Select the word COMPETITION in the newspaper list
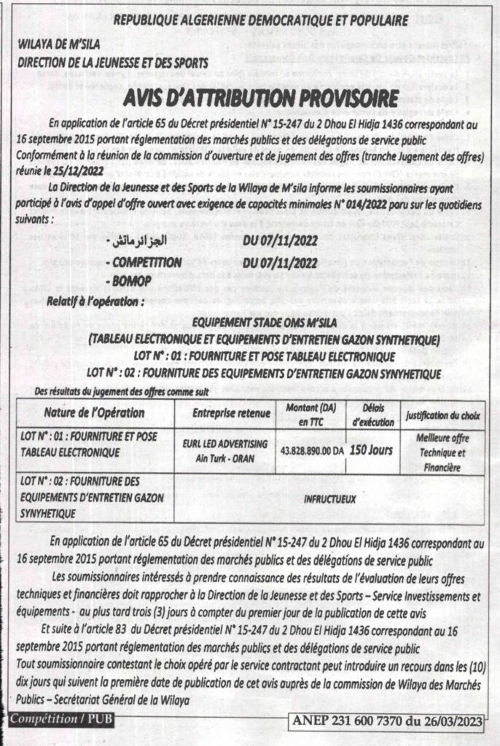147,262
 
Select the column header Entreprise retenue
231,414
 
